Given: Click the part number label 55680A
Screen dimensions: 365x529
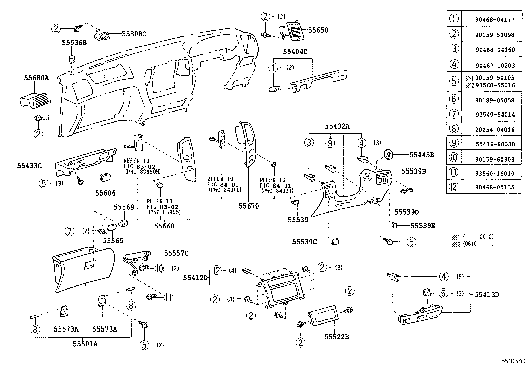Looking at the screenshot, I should [x=36, y=78].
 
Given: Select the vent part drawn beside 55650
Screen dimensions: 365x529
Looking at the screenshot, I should [x=296, y=31].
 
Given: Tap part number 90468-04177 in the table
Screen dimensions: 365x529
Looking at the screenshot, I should [x=495, y=20].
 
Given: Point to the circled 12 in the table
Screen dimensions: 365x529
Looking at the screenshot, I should [x=454, y=187].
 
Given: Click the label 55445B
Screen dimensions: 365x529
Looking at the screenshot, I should [x=421, y=155].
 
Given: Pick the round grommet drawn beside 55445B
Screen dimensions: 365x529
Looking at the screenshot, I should [x=389, y=154].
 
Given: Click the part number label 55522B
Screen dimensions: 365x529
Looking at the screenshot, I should [x=336, y=337].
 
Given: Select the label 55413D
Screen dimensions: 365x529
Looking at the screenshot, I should [x=486, y=294].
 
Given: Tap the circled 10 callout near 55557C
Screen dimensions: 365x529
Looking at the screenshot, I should [x=159, y=268].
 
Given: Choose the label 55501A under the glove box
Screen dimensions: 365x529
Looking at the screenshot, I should [x=85, y=344].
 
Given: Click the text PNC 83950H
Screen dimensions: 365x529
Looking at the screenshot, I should [x=143, y=172].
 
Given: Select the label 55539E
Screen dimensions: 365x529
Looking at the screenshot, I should [x=423, y=226].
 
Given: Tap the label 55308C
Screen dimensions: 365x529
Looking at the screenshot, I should [x=134, y=34].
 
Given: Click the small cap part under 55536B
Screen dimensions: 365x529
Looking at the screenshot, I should [x=71, y=60].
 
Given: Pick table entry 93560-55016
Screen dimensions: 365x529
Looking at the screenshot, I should [x=495, y=85].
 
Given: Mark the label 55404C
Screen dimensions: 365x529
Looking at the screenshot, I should [x=295, y=52].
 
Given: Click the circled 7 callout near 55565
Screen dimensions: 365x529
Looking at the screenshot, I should [x=69, y=231].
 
